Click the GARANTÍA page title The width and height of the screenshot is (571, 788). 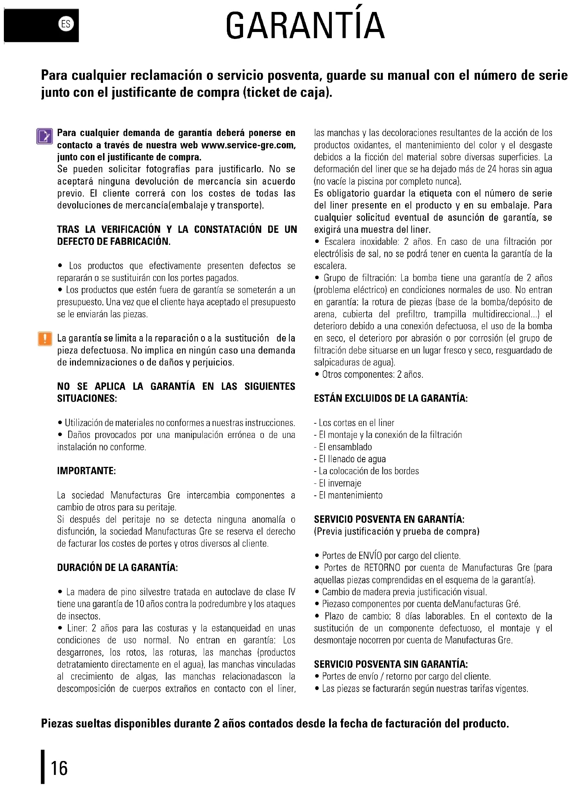point(305,25)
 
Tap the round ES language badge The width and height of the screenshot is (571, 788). point(66,24)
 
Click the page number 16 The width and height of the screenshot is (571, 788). point(59,768)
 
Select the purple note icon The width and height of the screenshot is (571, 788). point(44,136)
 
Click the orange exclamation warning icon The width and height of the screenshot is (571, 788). point(45,338)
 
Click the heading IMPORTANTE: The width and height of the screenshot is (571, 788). point(86,471)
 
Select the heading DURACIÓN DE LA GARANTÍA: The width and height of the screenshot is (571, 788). point(117,567)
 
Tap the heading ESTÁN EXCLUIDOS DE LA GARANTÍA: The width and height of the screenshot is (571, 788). point(390,398)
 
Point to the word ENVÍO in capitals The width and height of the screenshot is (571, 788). point(370,556)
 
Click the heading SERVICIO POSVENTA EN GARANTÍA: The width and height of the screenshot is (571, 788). point(389,519)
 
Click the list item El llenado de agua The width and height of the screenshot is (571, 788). point(352,459)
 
